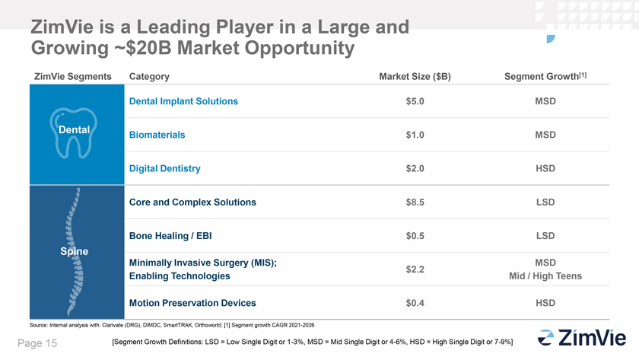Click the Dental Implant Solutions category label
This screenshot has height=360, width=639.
coord(183,101)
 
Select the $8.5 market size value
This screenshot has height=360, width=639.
coord(415,202)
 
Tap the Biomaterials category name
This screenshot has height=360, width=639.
coord(157,135)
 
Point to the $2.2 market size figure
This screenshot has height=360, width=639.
coord(415,269)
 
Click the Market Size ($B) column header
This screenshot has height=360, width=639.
coord(415,77)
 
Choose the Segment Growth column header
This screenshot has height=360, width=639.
coord(545,76)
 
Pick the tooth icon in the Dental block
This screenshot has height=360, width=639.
coord(73,133)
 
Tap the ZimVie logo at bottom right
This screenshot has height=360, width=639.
coord(582,338)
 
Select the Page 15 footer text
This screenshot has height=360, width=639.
coord(37,343)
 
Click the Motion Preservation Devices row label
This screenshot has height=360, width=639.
coord(192,303)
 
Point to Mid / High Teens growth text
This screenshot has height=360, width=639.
coord(545,276)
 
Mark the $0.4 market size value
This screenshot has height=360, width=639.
coord(415,303)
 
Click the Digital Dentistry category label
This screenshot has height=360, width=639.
coord(164,168)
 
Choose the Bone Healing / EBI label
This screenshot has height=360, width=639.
coord(170,236)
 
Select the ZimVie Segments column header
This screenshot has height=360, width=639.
coord(72,77)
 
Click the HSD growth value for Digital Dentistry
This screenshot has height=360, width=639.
coord(545,168)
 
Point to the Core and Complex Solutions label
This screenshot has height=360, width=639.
coord(192,202)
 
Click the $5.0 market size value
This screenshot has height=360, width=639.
coord(415,101)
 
